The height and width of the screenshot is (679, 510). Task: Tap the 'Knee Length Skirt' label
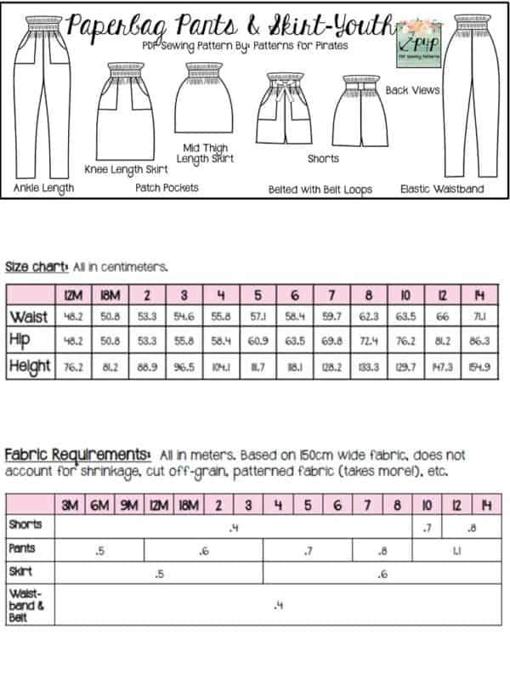[x=126, y=169]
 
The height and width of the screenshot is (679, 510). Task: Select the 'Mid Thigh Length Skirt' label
[x=206, y=152]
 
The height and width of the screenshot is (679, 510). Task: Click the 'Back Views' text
[x=413, y=89]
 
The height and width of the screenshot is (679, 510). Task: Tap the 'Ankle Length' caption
[x=43, y=188]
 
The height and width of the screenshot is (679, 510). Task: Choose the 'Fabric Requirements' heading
[x=78, y=455]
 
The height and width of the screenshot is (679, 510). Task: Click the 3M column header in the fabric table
[x=71, y=505]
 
